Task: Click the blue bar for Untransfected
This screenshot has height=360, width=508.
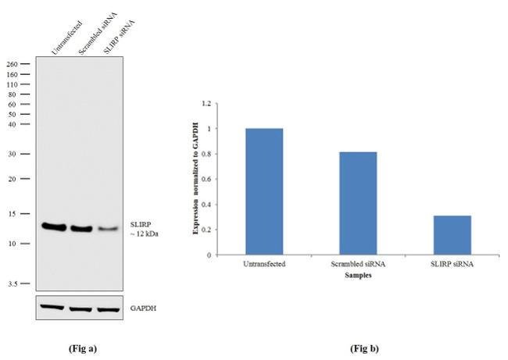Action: click(263, 191)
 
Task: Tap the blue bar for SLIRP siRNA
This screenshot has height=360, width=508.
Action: click(452, 235)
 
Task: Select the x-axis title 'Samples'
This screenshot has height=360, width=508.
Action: click(357, 276)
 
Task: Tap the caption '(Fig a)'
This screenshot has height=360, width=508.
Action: click(83, 347)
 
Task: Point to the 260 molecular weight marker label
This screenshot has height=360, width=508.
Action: click(13, 65)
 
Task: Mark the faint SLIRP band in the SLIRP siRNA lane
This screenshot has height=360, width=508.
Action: click(108, 230)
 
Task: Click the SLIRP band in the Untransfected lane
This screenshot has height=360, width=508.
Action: click(55, 226)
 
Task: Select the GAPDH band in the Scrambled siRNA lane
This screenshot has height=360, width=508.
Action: click(81, 308)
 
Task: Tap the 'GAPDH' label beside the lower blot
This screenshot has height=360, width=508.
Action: click(142, 308)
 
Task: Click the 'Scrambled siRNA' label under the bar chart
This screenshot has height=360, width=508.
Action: click(357, 264)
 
